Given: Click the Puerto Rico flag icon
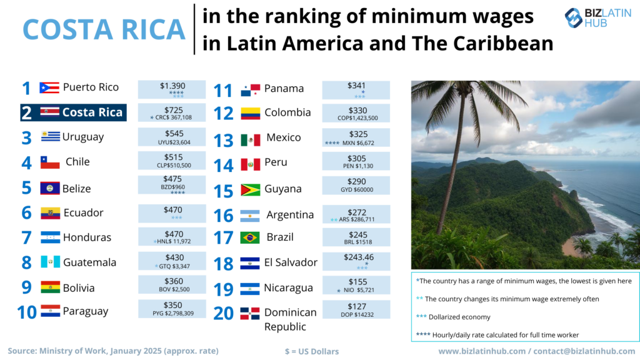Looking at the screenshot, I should pos(49,87).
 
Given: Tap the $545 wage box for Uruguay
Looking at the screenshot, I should pos(171,137).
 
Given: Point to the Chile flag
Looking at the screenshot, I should pos(50,162).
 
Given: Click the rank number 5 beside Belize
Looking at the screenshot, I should pos(26,188).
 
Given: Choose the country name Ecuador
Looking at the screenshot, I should pos(83,213).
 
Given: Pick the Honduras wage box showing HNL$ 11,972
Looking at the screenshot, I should pos(171,237).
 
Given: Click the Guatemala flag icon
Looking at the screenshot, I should pos(50,262).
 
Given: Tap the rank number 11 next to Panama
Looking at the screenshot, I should pos(223,90).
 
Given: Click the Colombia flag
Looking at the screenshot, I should pos(250,113).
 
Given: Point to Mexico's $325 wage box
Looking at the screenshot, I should pos(356,138).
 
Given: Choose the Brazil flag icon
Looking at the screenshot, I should pos(250,238).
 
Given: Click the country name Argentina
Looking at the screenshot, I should pos(290,215).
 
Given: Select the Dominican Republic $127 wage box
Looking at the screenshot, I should pos(356,310).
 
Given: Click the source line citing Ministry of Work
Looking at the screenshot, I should pos(113,351).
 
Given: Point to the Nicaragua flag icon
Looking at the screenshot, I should pos(250,289).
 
